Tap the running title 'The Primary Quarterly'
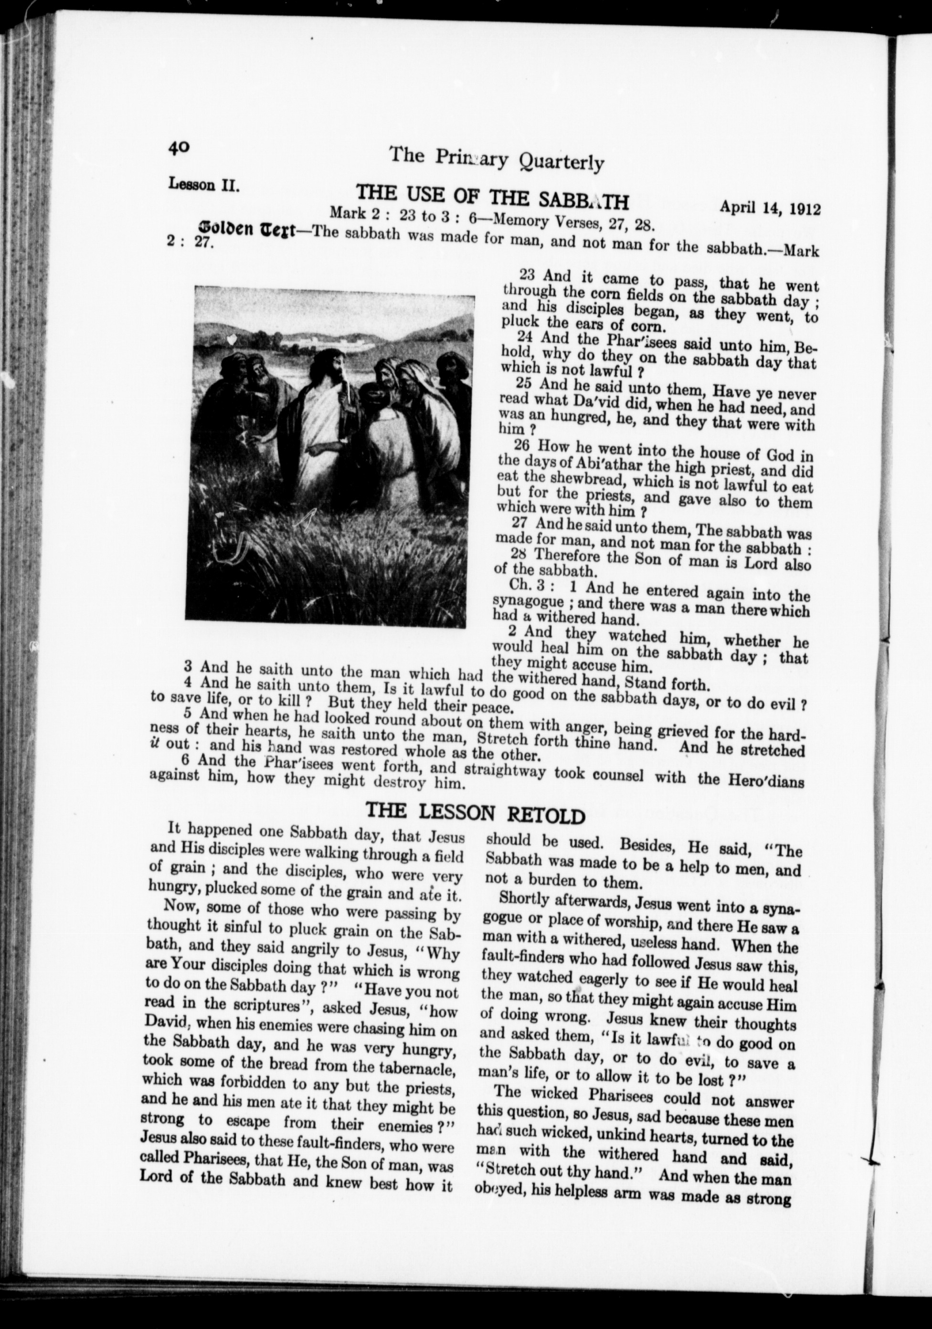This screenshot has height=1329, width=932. coord(496,158)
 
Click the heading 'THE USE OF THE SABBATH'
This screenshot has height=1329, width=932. coord(492,197)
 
